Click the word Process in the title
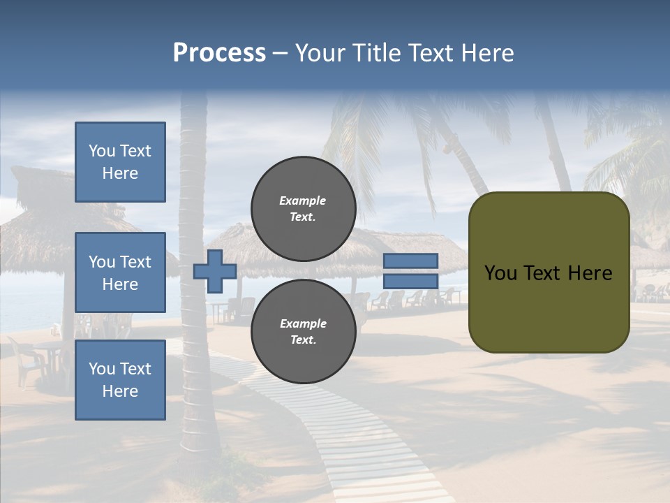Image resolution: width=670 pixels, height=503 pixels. click(219, 53)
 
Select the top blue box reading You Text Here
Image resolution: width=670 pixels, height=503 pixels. click(120, 162)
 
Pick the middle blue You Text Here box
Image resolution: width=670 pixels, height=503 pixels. click(120, 272)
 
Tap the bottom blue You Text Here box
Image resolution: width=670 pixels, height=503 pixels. click(120, 379)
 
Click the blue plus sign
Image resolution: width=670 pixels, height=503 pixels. click(215, 271)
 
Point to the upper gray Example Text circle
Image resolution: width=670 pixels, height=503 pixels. click(303, 208)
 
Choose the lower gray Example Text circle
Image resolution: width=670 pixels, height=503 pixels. click(303, 331)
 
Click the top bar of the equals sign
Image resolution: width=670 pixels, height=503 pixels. click(410, 261)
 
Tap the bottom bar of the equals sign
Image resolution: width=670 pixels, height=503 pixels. click(410, 282)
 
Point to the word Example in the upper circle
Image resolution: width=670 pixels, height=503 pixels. click(303, 201)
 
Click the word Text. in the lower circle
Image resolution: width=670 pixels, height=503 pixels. click(303, 340)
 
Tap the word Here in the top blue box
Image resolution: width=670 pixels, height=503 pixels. click(120, 173)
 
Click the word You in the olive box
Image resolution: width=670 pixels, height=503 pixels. click(500, 273)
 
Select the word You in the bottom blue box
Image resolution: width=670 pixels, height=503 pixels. click(102, 368)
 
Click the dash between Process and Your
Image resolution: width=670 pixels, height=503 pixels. click(280, 54)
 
